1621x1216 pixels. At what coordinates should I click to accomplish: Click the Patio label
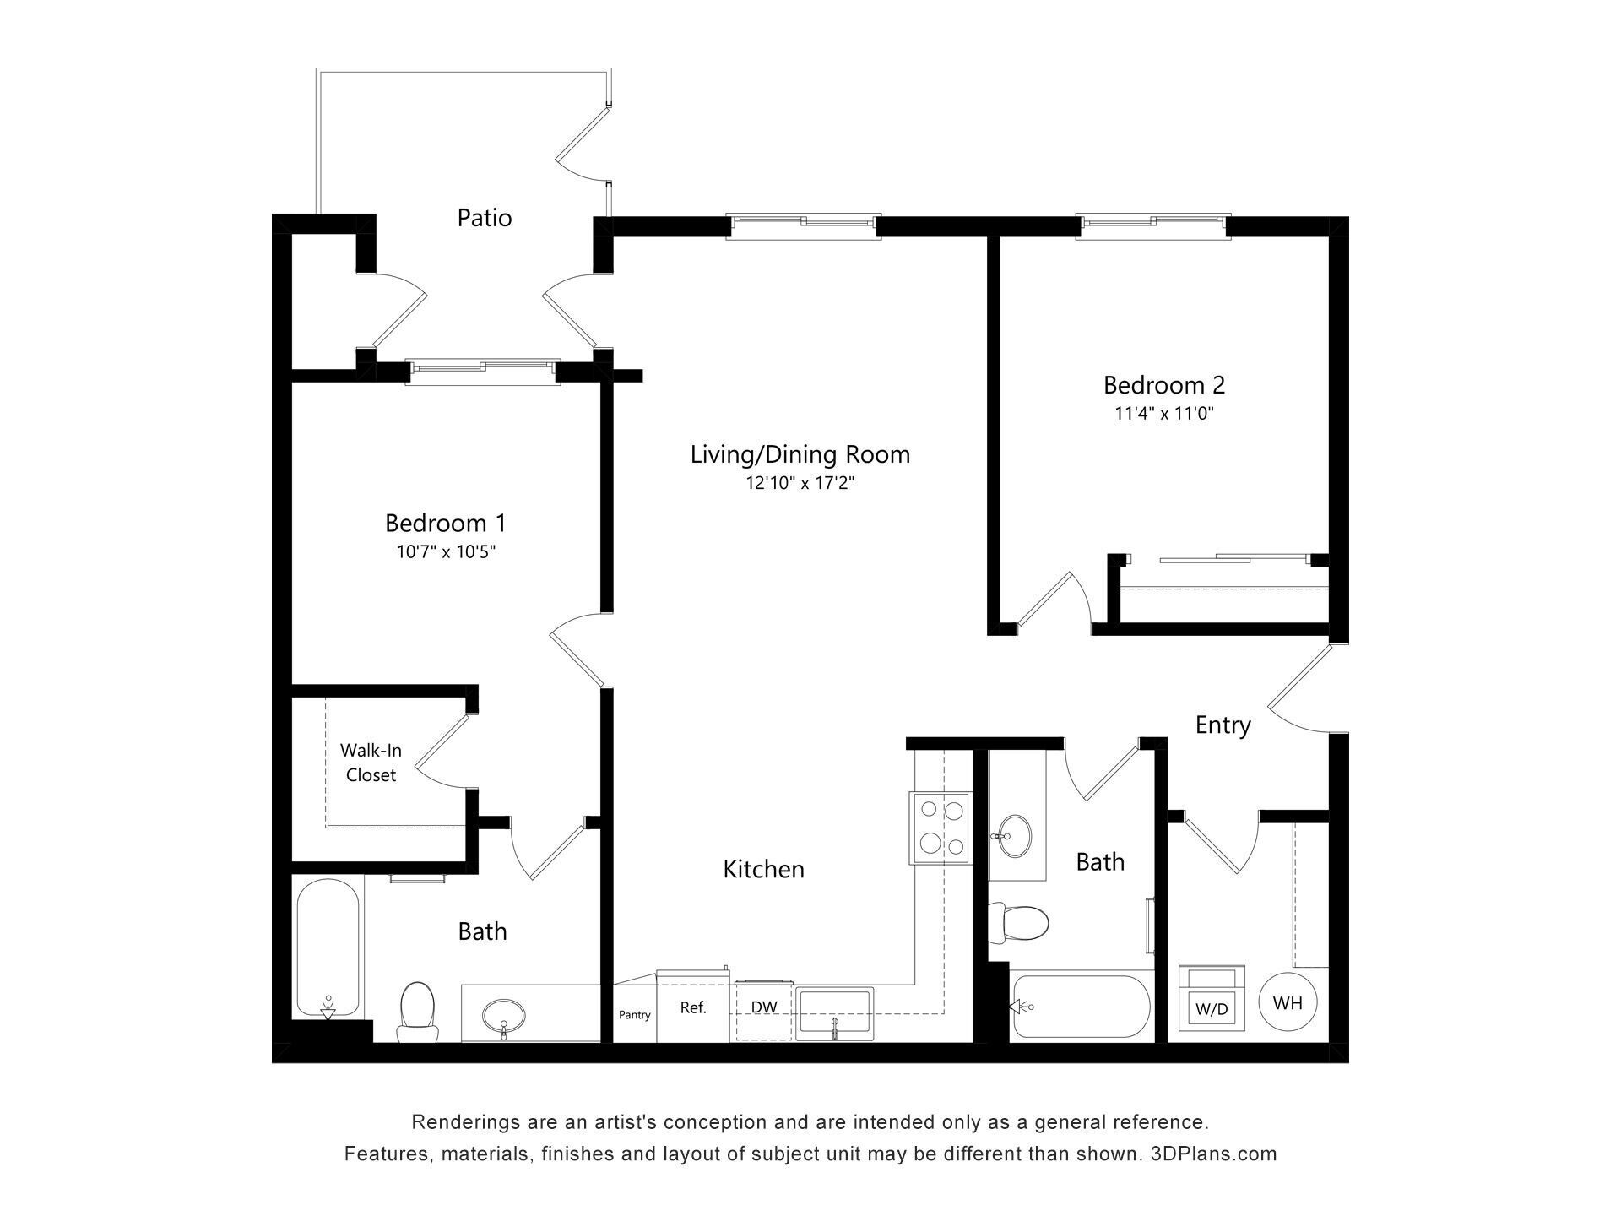click(x=484, y=218)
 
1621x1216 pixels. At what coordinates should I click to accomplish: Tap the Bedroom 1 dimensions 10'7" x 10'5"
click(x=446, y=552)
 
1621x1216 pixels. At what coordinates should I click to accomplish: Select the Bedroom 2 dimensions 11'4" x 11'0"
click(x=1163, y=414)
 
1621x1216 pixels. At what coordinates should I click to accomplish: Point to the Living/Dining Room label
click(x=800, y=454)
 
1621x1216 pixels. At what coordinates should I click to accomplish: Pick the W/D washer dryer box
click(x=1212, y=999)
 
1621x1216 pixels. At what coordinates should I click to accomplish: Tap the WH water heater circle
click(x=1288, y=1002)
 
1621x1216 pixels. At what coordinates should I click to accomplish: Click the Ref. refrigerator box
click(x=693, y=1007)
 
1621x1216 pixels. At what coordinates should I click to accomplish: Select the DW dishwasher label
click(x=764, y=1007)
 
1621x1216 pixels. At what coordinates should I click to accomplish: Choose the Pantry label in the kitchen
click(x=634, y=1015)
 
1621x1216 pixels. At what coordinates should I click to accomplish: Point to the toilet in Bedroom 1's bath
click(x=417, y=1012)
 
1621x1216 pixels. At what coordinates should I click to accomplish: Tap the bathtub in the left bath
click(x=328, y=947)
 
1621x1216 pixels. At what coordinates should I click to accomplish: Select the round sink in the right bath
click(x=1011, y=835)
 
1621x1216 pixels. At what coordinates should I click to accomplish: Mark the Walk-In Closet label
click(x=371, y=763)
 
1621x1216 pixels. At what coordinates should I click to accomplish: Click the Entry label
click(x=1223, y=725)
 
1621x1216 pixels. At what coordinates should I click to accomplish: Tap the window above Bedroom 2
click(x=1153, y=223)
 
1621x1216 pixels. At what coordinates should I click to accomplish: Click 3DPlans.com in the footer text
click(x=1213, y=1154)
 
